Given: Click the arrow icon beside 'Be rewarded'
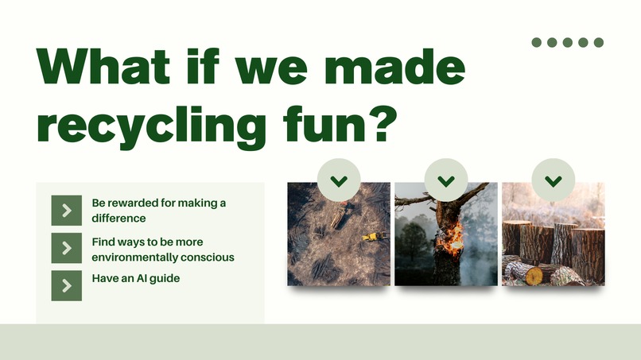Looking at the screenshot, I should click(67, 210).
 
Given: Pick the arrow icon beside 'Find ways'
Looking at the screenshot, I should click(67, 248).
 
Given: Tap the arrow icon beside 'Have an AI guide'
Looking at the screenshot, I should click(67, 285).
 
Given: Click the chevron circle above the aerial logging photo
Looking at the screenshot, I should click(339, 180).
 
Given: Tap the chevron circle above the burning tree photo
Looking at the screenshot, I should click(446, 180).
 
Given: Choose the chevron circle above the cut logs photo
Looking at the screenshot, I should click(553, 180).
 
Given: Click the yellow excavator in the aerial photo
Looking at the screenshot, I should click(372, 236).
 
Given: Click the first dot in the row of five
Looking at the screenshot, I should click(537, 42).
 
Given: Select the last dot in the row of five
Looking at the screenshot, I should click(599, 42).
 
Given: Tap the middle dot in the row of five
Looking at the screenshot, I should click(568, 42).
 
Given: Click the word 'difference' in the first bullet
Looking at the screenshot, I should click(118, 218).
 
